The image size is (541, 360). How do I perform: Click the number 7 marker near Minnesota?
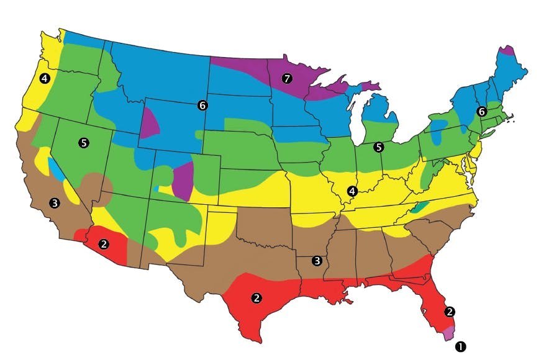(x=286, y=78)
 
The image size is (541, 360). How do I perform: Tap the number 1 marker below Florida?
(x=460, y=344)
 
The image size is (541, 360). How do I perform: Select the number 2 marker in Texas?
(x=256, y=298)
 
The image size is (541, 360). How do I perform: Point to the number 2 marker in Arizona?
(x=104, y=244)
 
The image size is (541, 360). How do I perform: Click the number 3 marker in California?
(x=55, y=203)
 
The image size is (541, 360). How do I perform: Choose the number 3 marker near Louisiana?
(x=317, y=261)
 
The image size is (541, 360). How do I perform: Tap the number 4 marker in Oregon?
(x=43, y=78)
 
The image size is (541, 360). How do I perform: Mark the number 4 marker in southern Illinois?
(x=352, y=191)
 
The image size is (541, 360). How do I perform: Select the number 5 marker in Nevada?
(x=84, y=143)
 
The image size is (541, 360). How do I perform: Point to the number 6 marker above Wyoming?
(x=202, y=106)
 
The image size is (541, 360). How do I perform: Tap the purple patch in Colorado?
(x=183, y=180)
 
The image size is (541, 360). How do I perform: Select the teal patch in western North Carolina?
(x=420, y=207)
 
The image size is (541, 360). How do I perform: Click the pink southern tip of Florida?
(x=450, y=332)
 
